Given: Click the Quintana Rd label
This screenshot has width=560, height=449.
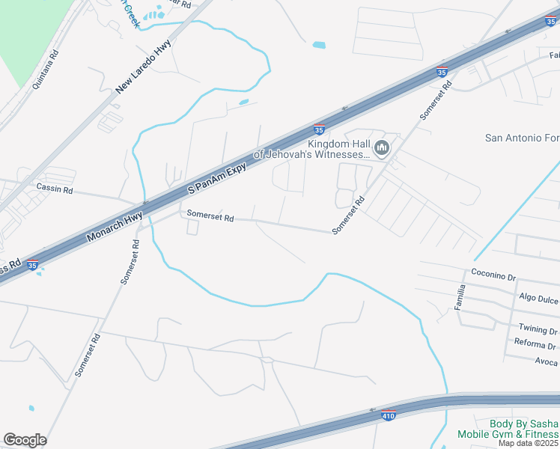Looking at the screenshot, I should click(45, 70).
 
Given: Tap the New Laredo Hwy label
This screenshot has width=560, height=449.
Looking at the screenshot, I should click(144, 67).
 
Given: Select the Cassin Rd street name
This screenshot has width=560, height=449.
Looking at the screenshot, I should click(55, 190).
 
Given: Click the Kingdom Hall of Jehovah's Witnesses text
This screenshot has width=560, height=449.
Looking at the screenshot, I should click(311, 150).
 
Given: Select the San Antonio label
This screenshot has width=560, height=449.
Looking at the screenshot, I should click(522, 138).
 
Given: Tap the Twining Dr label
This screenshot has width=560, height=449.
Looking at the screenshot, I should click(538, 330).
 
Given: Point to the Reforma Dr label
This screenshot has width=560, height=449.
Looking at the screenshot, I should click(535, 346).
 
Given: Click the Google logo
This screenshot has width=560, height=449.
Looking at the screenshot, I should click(25, 440).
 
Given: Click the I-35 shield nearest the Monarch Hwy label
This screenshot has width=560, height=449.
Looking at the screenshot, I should click(31, 265).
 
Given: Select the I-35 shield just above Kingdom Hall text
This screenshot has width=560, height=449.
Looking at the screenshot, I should click(319, 129).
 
